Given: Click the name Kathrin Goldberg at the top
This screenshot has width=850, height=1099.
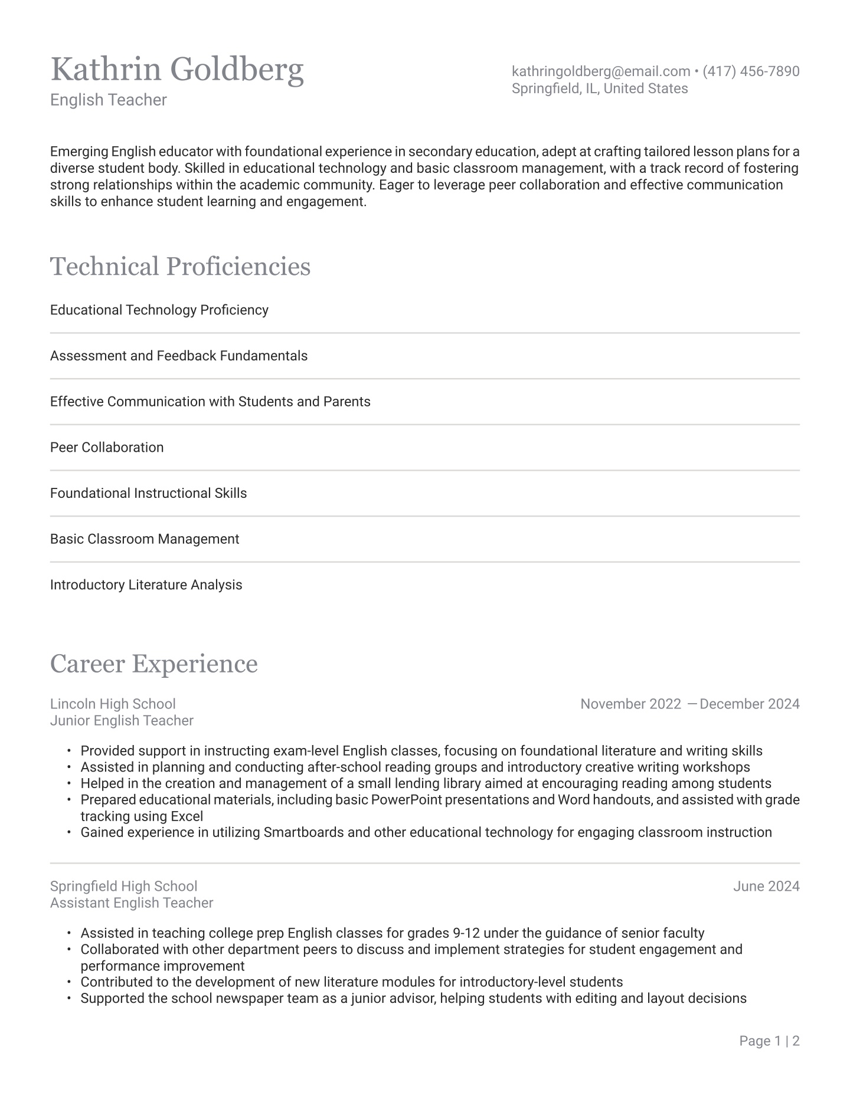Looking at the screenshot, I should pos(177,70).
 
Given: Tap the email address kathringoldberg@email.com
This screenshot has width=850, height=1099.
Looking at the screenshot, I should pos(600,71).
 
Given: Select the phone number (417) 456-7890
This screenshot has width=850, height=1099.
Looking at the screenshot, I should pos(751,71).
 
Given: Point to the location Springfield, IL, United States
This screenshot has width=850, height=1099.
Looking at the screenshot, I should pos(599,88).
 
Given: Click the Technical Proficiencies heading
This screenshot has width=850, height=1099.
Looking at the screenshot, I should pos(180,266).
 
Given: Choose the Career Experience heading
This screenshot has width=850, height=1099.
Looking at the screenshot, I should pos(153,664).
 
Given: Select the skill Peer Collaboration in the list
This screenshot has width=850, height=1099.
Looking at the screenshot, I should pos(107,447).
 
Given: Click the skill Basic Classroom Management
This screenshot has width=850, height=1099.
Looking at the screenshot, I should pos(145,539).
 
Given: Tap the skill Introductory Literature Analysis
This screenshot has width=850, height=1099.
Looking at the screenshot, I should pos(146,585).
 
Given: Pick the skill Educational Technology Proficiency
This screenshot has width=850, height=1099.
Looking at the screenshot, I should pos(159,310).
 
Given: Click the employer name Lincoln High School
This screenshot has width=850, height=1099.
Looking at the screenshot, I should pos(113,704).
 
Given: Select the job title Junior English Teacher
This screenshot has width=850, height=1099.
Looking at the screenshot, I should pos(122,720).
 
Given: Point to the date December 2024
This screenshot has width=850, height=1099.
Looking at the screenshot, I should pos(749,704).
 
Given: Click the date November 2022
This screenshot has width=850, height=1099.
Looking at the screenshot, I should pos(630,704).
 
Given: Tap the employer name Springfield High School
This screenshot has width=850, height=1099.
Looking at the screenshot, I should pos(123,886).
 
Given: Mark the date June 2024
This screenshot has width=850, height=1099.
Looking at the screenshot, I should pos(766,886).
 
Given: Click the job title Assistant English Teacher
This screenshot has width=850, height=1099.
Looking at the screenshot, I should pos(132,903).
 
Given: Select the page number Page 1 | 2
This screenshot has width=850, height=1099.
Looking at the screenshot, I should pos(769,1041).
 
